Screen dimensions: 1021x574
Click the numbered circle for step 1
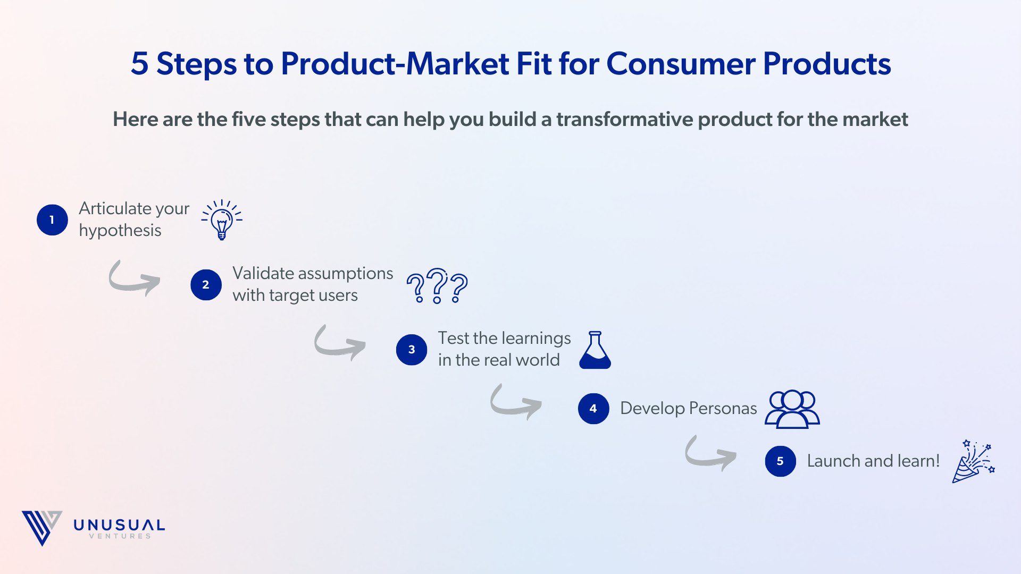[x=52, y=220]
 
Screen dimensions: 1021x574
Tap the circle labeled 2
[x=206, y=285]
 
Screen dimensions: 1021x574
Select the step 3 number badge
[x=412, y=350]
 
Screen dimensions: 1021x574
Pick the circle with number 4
[x=593, y=409]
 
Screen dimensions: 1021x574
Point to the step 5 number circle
[x=780, y=461]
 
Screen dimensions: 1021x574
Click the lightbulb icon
[x=222, y=220]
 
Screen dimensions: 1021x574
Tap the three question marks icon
[x=437, y=286]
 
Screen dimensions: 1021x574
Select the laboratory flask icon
[x=595, y=350]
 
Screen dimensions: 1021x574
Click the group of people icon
[x=792, y=409]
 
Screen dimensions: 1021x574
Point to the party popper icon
[x=973, y=461]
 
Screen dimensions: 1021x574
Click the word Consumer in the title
[x=681, y=64]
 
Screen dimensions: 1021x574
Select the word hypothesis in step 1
[x=120, y=231]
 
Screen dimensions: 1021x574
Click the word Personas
[x=723, y=408]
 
